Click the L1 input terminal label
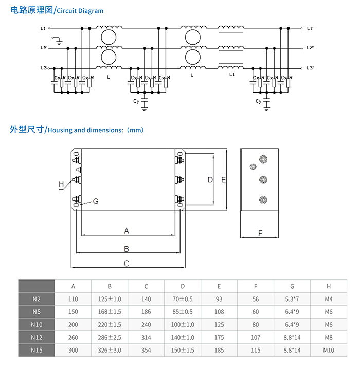click(x=43, y=28)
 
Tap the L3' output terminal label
click(x=310, y=68)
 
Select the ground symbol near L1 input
click(x=59, y=40)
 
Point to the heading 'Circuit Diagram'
click(x=79, y=10)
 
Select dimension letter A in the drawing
click(x=127, y=231)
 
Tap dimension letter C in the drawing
click(x=127, y=264)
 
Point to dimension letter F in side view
click(x=260, y=233)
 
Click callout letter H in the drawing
click(x=61, y=184)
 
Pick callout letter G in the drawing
click(x=96, y=201)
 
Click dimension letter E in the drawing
click(x=223, y=180)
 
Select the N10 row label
click(x=36, y=325)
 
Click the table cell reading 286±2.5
click(x=110, y=338)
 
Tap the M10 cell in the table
click(x=329, y=351)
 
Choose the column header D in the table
click(x=183, y=286)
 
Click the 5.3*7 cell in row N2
click(x=292, y=299)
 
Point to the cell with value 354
click(x=146, y=351)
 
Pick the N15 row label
click(x=36, y=351)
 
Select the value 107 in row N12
click(x=256, y=338)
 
